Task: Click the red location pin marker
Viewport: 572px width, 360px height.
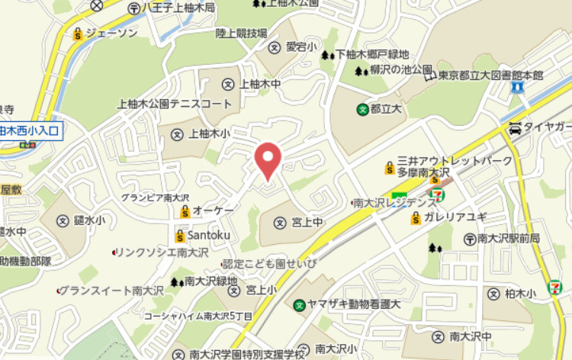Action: click(x=267, y=159)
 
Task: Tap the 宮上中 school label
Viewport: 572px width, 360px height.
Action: click(x=308, y=222)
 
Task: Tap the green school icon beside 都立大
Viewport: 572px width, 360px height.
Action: click(x=362, y=109)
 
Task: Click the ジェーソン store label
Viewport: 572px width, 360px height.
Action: click(x=111, y=33)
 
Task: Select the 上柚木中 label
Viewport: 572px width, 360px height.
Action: click(x=260, y=83)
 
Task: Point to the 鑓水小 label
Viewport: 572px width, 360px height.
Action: click(x=90, y=220)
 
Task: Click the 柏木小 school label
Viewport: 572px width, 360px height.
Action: click(x=521, y=293)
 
